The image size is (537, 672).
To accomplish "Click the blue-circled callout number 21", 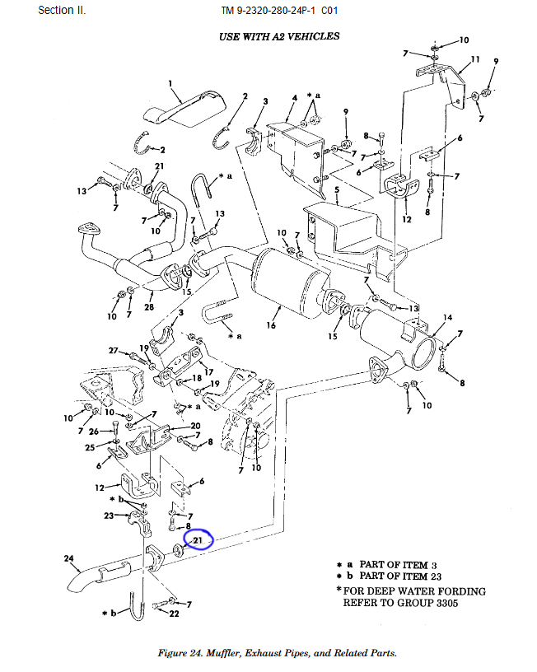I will [198, 539].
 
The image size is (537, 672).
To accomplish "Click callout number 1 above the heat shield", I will [170, 83].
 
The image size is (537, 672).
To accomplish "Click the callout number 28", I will [149, 307].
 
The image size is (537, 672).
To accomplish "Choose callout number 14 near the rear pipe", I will [447, 318].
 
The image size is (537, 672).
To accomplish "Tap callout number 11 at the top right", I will [474, 60].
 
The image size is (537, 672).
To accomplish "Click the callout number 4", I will [293, 99].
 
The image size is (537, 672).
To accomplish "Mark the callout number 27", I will [114, 350].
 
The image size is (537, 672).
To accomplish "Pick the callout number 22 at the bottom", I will [174, 614].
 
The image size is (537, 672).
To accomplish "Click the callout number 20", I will [195, 426].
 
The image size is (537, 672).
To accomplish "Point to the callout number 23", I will [109, 516].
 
